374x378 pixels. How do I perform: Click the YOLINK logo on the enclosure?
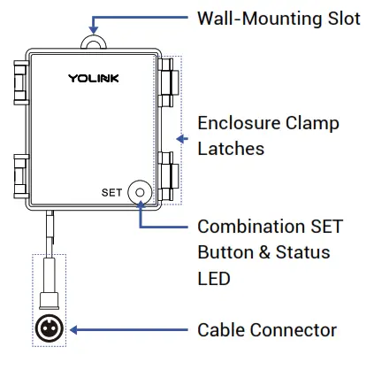click(94, 79)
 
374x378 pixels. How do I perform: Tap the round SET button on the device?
click(140, 192)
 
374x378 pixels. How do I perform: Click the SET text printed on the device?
click(112, 192)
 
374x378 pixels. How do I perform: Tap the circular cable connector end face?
click(48, 329)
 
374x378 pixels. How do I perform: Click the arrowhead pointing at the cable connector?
click(74, 329)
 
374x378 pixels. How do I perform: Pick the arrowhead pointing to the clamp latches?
click(183, 138)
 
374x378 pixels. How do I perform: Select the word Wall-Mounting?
click(257, 18)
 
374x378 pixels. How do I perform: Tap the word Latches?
click(230, 149)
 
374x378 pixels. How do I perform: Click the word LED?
click(214, 278)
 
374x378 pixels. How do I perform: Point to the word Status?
click(301, 252)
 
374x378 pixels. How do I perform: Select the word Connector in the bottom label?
click(294, 329)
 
